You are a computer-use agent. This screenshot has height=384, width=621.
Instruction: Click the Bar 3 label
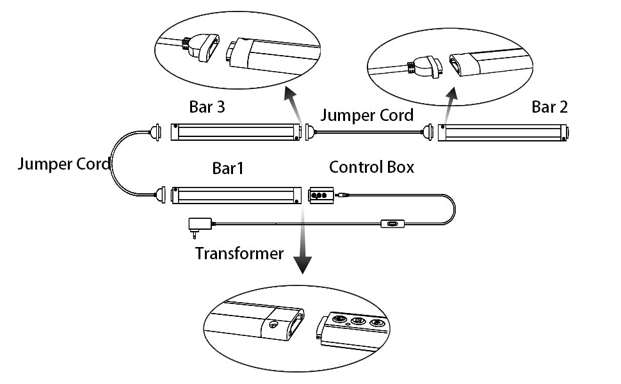207,106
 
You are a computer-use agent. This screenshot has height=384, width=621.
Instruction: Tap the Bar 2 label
549,107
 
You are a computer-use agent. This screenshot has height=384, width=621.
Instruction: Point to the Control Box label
371,167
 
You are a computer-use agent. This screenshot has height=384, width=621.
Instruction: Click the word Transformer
239,253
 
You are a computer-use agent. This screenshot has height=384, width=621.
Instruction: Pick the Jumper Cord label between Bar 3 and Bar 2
367,116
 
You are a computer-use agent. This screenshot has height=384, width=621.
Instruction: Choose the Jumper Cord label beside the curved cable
63,164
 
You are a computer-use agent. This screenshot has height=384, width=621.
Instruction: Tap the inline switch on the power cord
391,225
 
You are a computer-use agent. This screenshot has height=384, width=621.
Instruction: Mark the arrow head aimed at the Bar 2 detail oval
453,95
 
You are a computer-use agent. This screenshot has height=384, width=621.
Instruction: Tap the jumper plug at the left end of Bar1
159,194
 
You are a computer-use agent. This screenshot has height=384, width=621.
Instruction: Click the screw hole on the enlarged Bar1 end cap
274,325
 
